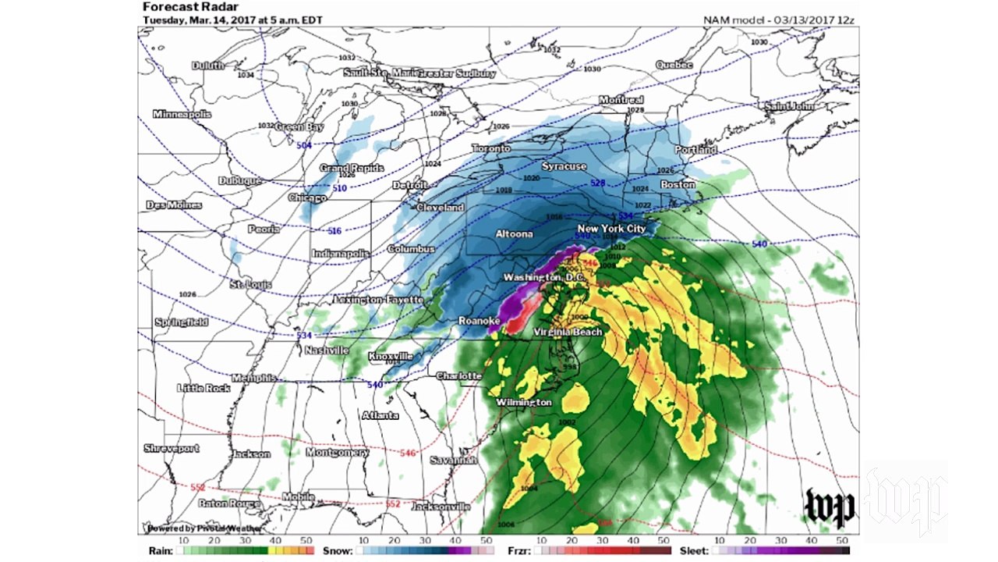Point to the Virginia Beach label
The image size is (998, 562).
(568, 333)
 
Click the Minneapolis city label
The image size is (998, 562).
(182, 114)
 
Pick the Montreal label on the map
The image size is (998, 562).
(621, 100)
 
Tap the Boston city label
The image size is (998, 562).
(678, 184)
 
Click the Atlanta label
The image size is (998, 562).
(380, 415)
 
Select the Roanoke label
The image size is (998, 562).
(478, 321)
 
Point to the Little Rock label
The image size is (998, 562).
(203, 388)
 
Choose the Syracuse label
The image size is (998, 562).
(564, 166)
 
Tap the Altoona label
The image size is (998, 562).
(515, 233)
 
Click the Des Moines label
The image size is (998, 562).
(174, 205)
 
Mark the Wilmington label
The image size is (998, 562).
(524, 403)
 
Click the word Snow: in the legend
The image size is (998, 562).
(338, 550)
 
